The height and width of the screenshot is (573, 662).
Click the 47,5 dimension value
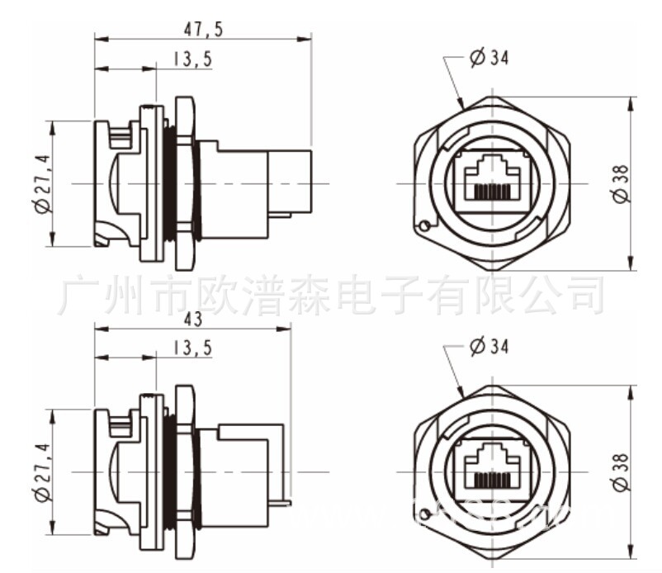(x=202, y=29)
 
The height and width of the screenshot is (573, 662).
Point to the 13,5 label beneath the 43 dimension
(x=192, y=348)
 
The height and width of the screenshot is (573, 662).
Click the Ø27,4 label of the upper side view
(x=42, y=183)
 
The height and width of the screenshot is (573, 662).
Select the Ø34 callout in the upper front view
(x=489, y=58)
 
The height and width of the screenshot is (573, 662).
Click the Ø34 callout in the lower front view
(x=489, y=347)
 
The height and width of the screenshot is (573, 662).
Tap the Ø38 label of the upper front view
(x=621, y=183)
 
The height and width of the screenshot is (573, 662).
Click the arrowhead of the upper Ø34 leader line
(x=462, y=105)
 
